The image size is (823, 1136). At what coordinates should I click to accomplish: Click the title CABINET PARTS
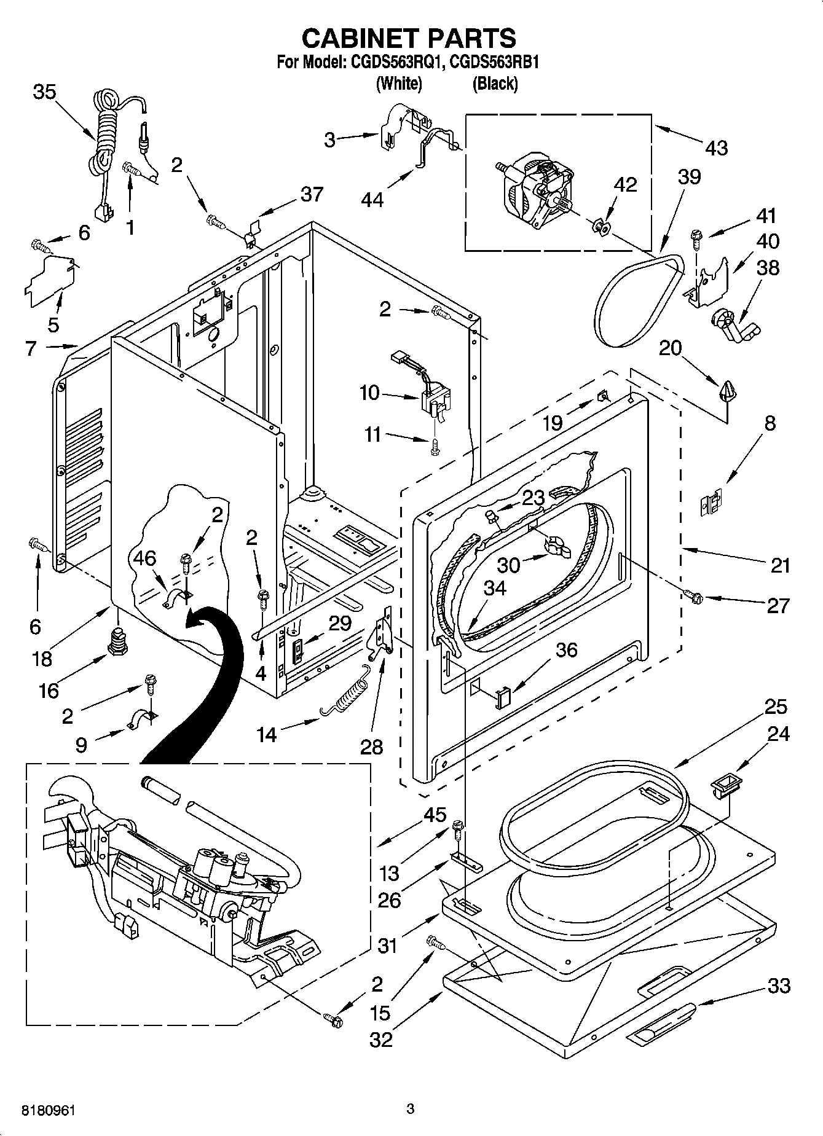tap(409, 38)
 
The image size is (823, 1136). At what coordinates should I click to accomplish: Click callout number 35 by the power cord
tap(44, 92)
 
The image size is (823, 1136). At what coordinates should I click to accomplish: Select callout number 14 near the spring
tap(267, 734)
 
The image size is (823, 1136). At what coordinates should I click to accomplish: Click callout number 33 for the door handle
tap(779, 987)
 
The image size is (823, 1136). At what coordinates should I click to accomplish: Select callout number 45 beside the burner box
tap(435, 815)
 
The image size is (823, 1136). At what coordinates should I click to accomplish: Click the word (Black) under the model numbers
tap(495, 84)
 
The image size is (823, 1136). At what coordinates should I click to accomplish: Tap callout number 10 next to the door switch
tap(369, 393)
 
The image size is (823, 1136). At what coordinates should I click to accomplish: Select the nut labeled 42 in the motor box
tap(601, 228)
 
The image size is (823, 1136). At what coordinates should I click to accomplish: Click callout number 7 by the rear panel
tap(31, 348)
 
